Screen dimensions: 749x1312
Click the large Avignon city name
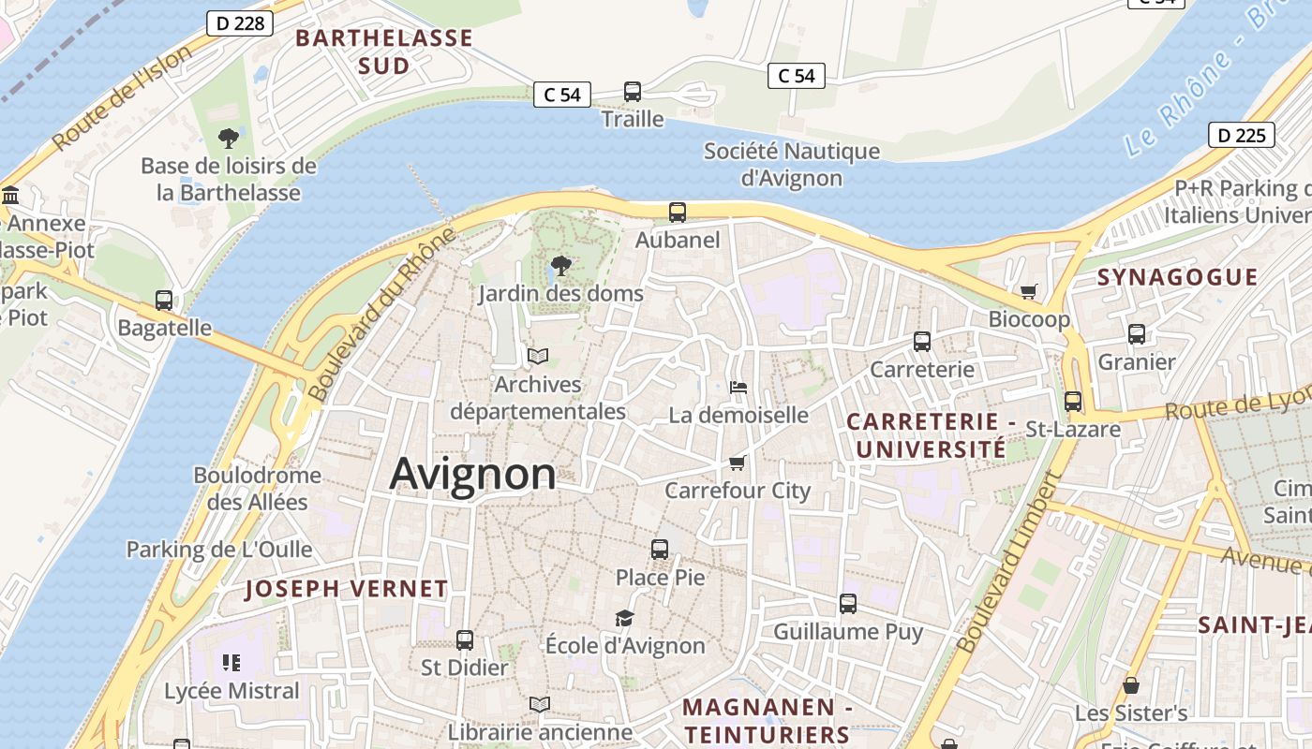pos(472,474)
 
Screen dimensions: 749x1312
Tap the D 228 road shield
pos(239,23)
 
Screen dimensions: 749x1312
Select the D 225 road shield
pos(1242,135)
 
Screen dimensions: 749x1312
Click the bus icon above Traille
pos(633,92)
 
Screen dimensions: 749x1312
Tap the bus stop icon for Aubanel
pos(678,213)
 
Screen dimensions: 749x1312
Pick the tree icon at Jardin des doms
pos(560,266)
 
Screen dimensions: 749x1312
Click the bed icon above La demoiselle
pos(738,388)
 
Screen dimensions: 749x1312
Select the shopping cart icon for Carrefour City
pos(738,463)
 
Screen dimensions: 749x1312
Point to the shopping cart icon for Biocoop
pos(1029,292)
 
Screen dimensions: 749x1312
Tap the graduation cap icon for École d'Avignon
pos(624,618)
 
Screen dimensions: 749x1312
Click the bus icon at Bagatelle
pos(164,301)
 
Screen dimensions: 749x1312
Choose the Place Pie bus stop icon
pos(660,550)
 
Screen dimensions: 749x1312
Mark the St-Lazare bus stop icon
pos(1073,402)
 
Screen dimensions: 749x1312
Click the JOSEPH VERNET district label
pos(346,589)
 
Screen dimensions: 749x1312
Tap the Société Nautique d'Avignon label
pos(792,164)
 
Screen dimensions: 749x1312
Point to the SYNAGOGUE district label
pos(1177,276)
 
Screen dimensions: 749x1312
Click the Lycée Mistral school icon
pos(231,664)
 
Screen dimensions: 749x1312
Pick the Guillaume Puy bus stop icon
pos(848,604)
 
